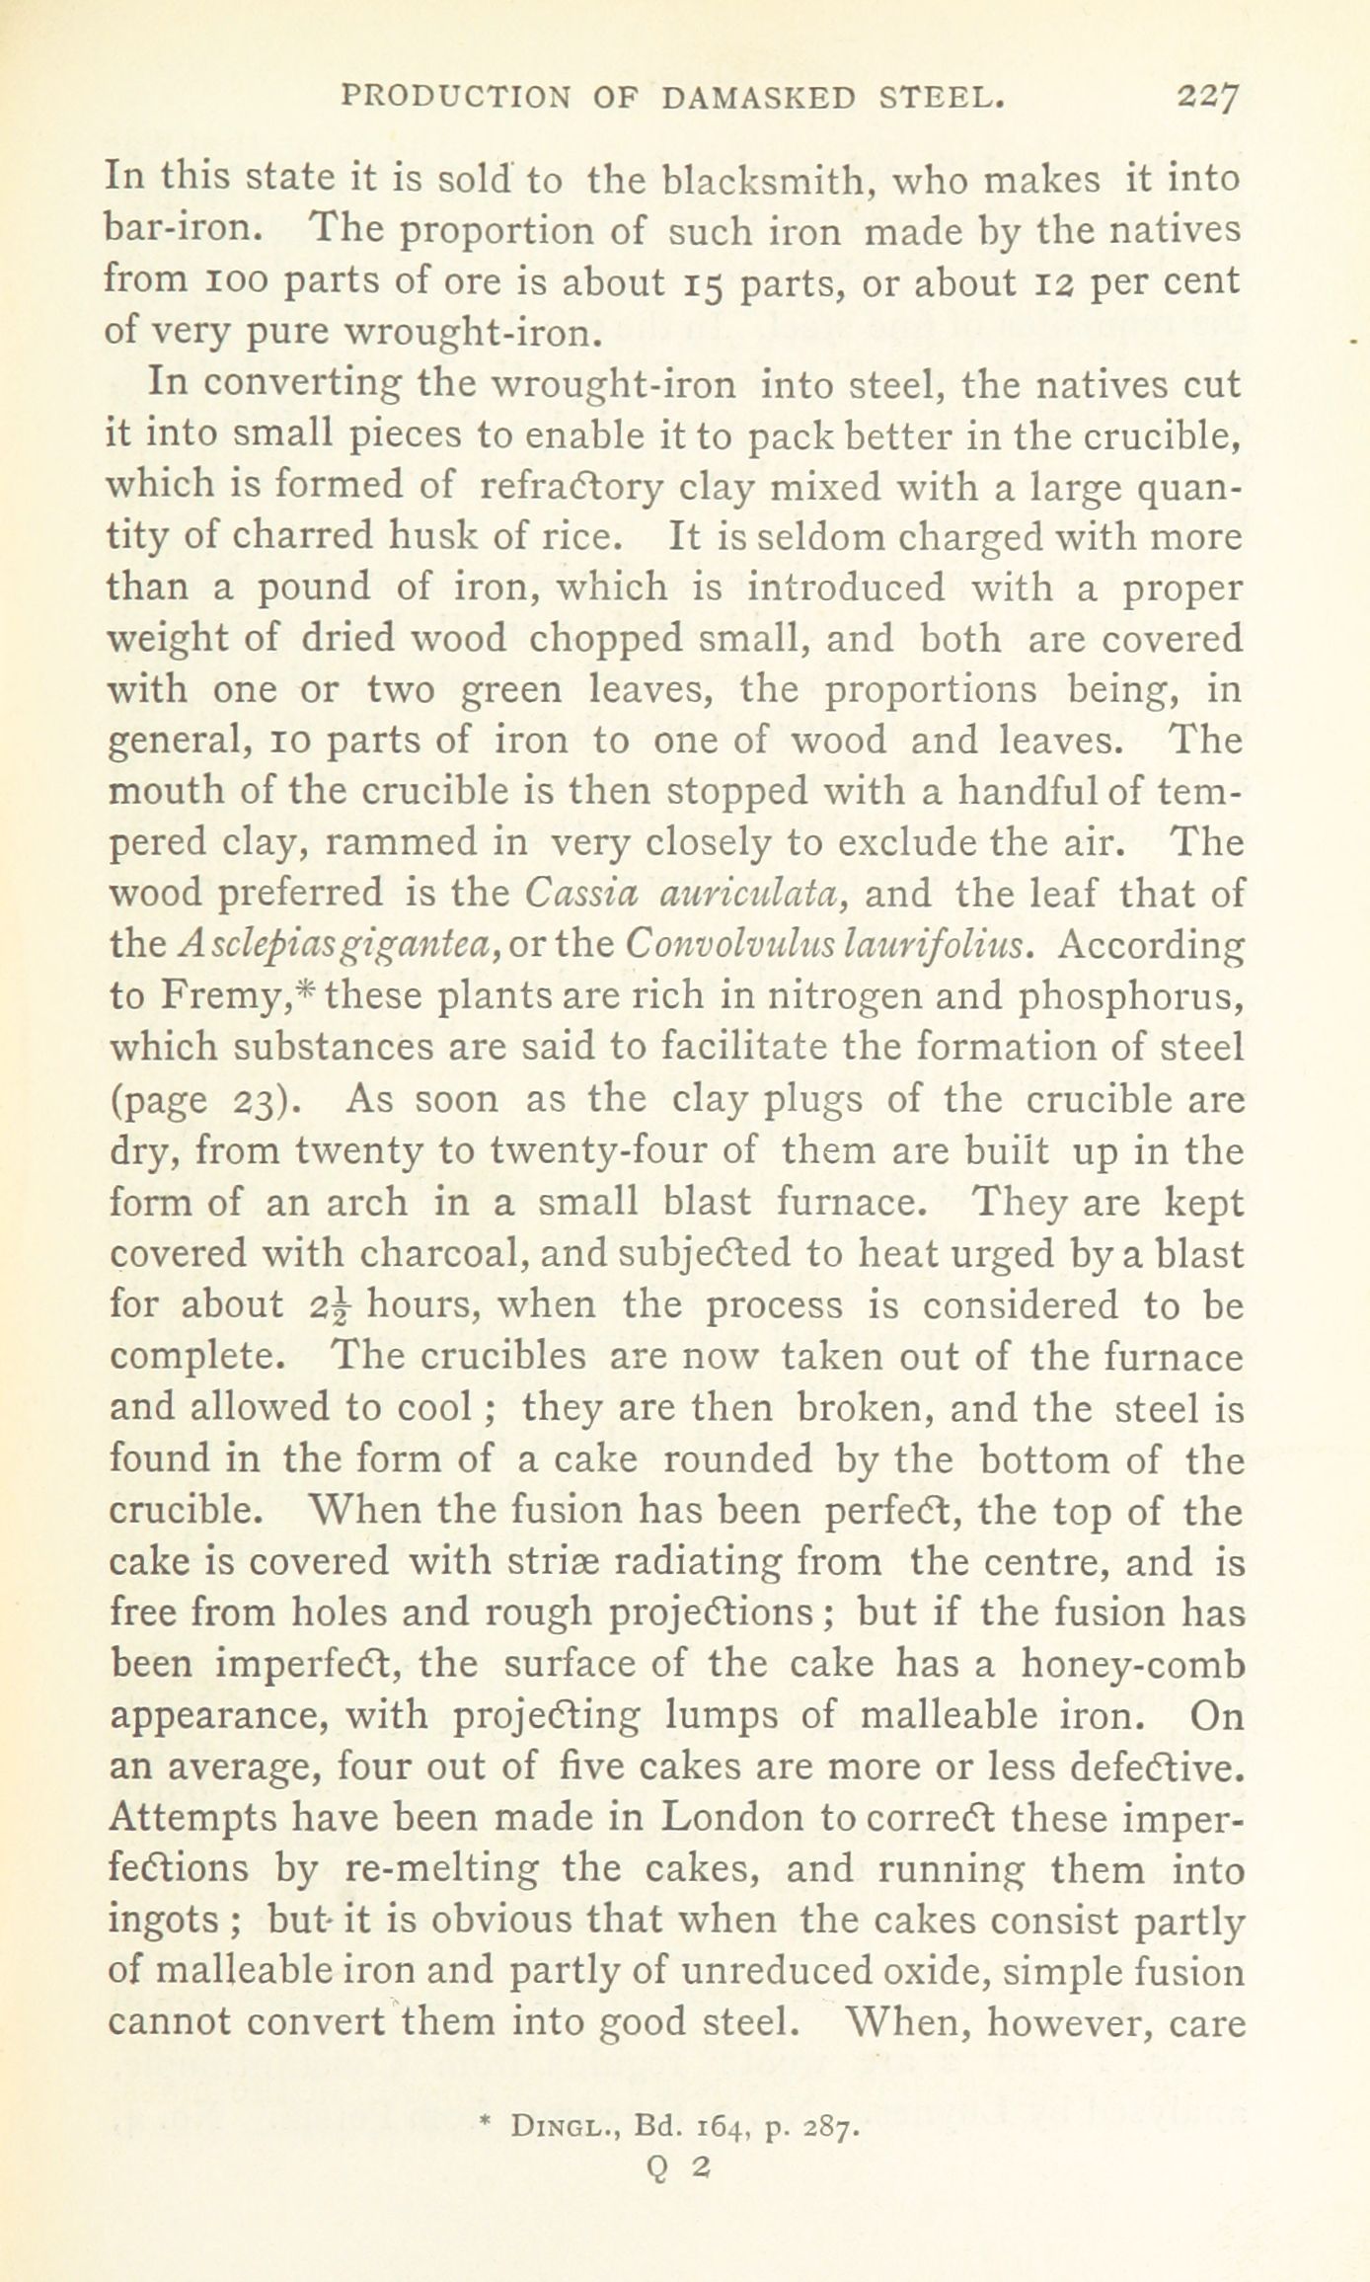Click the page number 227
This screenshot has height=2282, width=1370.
point(1207,99)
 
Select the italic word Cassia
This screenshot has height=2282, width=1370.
point(579,893)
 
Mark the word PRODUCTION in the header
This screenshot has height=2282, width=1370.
point(455,97)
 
